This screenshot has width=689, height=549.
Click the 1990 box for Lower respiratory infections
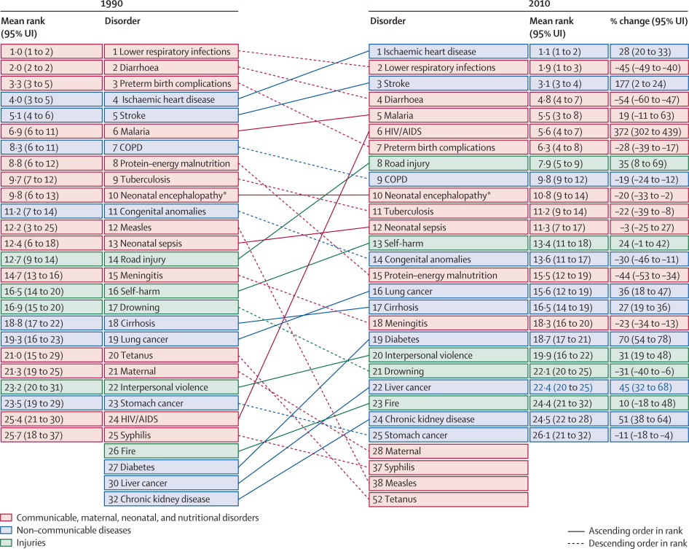tap(170, 51)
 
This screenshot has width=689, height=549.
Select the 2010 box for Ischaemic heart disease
tap(448, 51)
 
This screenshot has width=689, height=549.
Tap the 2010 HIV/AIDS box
tap(448, 131)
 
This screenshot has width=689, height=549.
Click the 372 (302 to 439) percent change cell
tap(648, 131)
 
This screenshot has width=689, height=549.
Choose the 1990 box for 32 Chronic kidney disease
tap(170, 499)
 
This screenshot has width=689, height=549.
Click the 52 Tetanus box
tap(448, 499)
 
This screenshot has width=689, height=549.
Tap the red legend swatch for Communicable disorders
tap(7, 517)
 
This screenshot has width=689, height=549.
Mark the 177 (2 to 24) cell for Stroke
tap(648, 83)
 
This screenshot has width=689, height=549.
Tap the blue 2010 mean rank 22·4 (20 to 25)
tap(568, 387)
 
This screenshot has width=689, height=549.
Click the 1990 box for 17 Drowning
tap(170, 307)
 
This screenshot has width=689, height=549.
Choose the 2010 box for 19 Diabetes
tap(448, 339)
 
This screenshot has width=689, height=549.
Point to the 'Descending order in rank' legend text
tap(635, 542)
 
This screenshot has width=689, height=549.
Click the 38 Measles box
tap(448, 483)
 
